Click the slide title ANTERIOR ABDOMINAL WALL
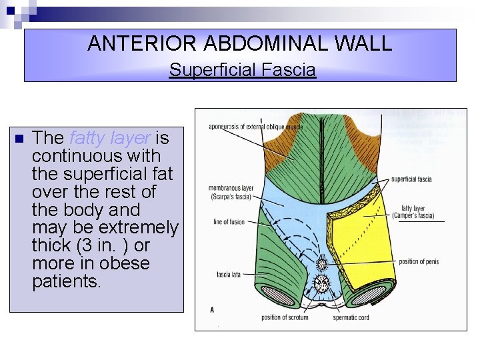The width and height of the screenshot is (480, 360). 240,44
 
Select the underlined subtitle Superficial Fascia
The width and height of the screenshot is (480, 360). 242,69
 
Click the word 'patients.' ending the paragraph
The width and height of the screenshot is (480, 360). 67,281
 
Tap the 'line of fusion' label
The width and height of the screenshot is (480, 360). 229,222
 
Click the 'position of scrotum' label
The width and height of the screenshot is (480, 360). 285,317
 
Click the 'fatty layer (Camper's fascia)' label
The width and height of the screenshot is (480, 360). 417,212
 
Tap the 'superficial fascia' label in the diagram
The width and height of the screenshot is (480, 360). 411,179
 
